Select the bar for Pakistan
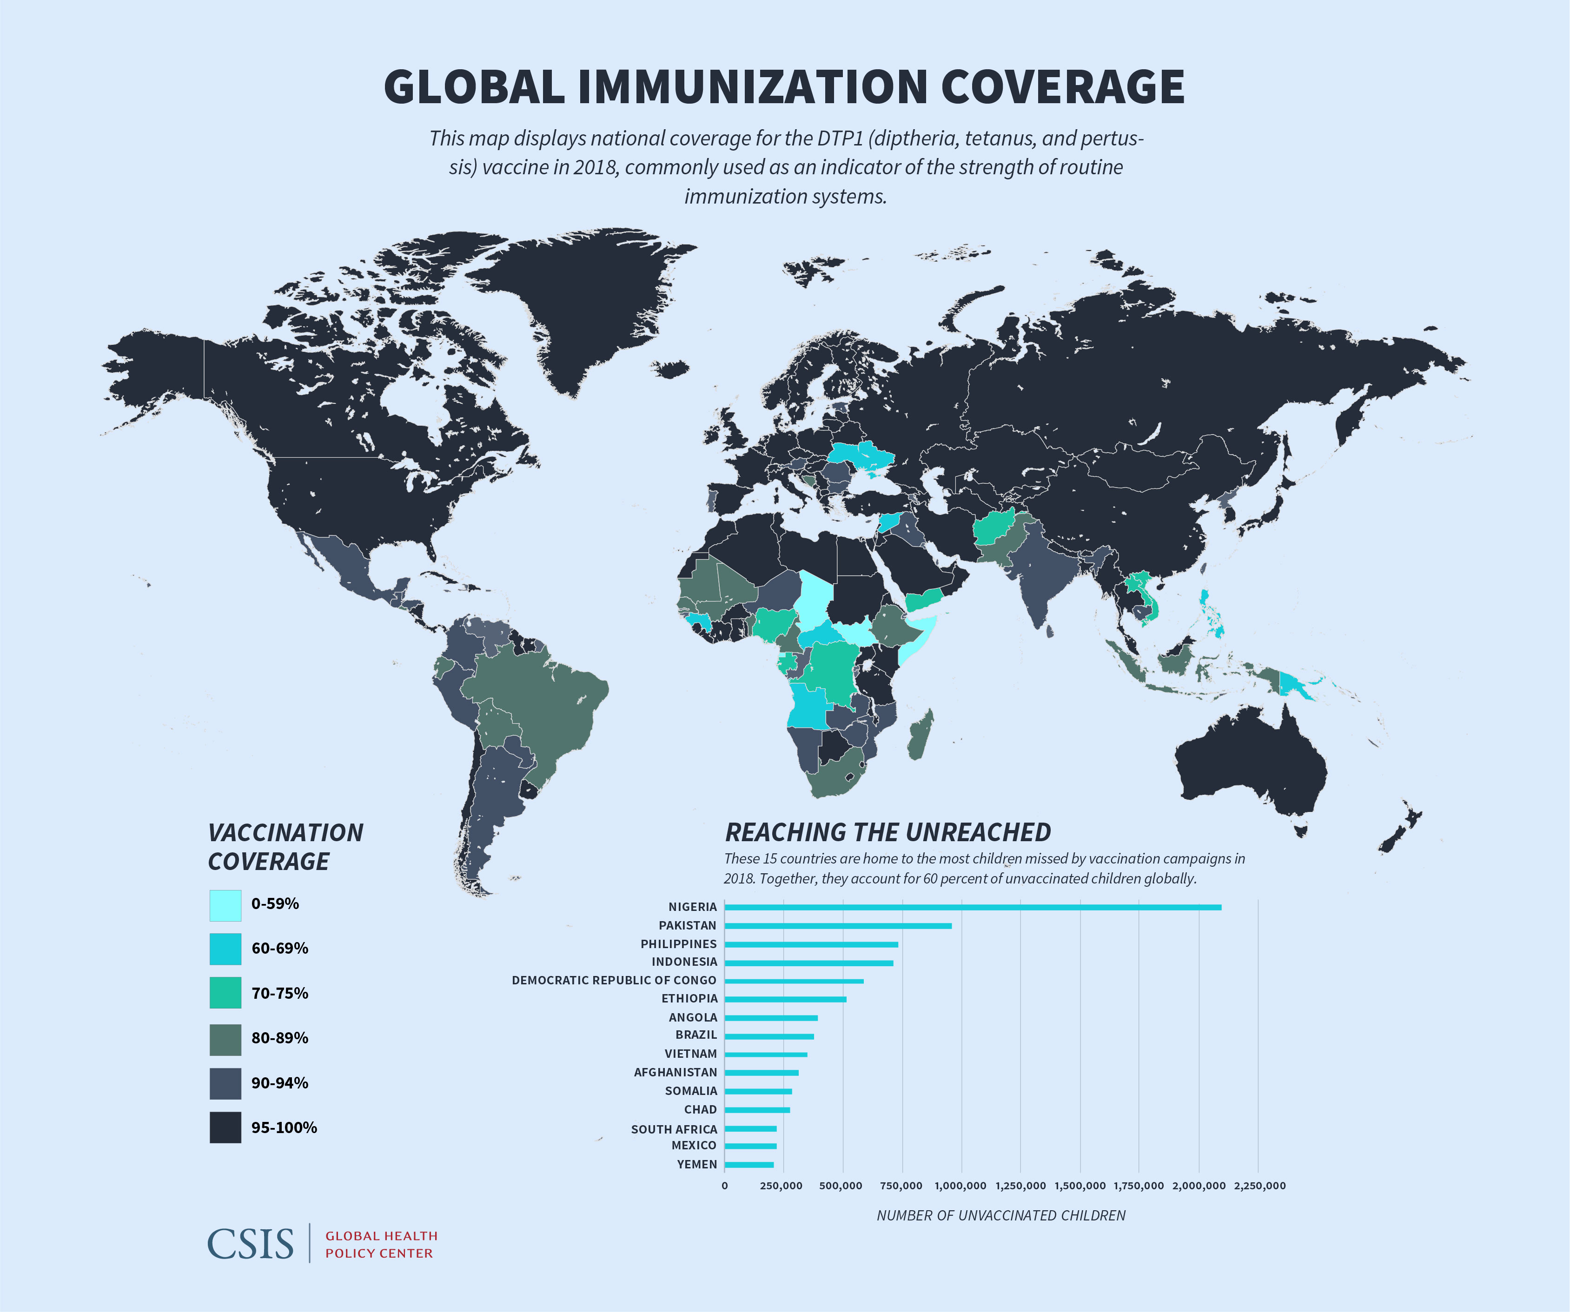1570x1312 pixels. pyautogui.click(x=837, y=925)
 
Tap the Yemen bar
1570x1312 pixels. pyautogui.click(x=749, y=1165)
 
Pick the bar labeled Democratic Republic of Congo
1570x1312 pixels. pyautogui.click(x=793, y=981)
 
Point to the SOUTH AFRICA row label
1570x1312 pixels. pyautogui.click(x=674, y=1129)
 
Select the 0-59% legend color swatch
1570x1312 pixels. pyautogui.click(x=225, y=905)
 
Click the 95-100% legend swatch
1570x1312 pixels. pyautogui.click(x=225, y=1127)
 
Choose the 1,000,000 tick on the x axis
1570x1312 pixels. pyautogui.click(x=961, y=1186)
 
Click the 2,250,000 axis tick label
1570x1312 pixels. pyautogui.click(x=1260, y=1186)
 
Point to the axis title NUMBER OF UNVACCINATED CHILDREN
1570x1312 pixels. pyautogui.click(x=1000, y=1215)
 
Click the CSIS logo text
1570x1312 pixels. pyautogui.click(x=251, y=1243)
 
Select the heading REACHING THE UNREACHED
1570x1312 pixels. pyautogui.click(x=888, y=832)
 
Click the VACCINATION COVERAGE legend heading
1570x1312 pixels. pyautogui.click(x=285, y=847)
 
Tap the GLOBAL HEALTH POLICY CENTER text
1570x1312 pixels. pyautogui.click(x=381, y=1245)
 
